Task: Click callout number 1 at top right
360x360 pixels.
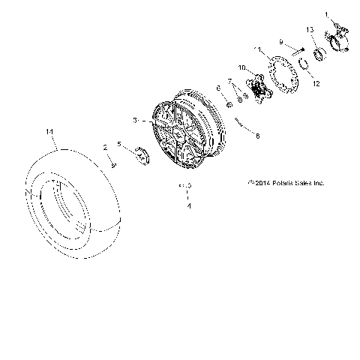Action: point(326,14)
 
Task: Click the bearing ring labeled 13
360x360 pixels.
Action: point(318,53)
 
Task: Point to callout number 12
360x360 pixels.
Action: point(316,84)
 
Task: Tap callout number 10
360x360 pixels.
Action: point(242,68)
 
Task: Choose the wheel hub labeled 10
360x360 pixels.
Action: point(260,88)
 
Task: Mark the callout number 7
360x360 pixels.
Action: point(230,81)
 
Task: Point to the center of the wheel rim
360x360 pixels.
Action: point(180,133)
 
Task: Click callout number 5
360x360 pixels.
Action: point(118,144)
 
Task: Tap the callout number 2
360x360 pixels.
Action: point(106,148)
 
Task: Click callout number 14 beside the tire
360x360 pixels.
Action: point(50,133)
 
